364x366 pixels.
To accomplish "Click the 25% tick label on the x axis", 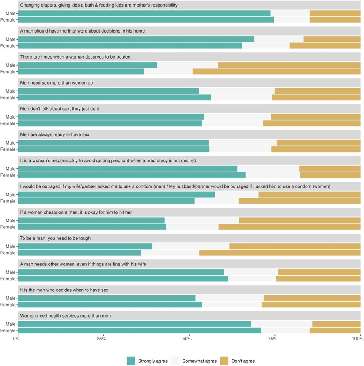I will click(102, 339).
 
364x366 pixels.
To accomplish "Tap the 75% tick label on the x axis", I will click(273, 339).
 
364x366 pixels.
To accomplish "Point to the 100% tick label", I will click(357, 339).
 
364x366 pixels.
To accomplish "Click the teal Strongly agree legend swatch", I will click(131, 361).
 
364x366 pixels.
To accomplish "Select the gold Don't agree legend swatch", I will click(225, 361).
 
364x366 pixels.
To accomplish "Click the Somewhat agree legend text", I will click(200, 361).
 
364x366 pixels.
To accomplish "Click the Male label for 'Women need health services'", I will click(10, 324).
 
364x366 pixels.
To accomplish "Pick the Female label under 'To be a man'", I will click(8, 253).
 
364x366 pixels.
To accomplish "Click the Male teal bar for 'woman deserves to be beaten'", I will click(87, 65).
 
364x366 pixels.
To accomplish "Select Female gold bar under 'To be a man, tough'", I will click(280, 253).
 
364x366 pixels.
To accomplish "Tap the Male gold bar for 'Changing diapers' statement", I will click(335, 13).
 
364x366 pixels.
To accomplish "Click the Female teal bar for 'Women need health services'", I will click(139, 330).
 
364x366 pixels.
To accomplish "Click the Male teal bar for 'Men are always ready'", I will click(113, 143).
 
